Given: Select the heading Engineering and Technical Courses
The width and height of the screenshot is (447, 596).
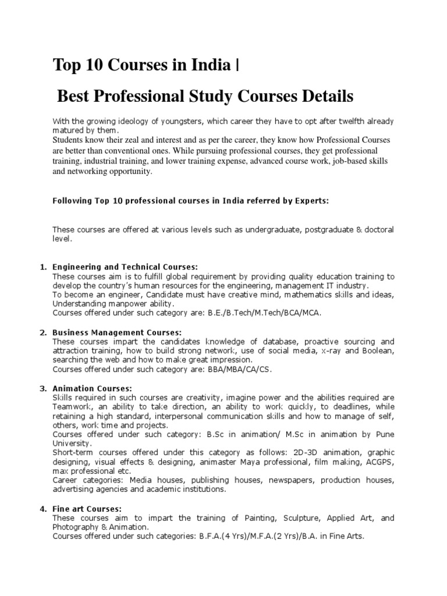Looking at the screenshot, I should [x=125, y=267].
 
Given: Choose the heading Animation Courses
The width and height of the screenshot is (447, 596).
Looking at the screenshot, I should [x=93, y=388].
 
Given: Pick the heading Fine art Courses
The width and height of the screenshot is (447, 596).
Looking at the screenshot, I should [x=87, y=509].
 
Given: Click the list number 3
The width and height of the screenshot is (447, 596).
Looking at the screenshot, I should [x=43, y=388].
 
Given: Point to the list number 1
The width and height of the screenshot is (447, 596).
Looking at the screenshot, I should [x=43, y=267].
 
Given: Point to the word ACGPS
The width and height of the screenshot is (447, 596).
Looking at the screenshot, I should [x=379, y=462].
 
